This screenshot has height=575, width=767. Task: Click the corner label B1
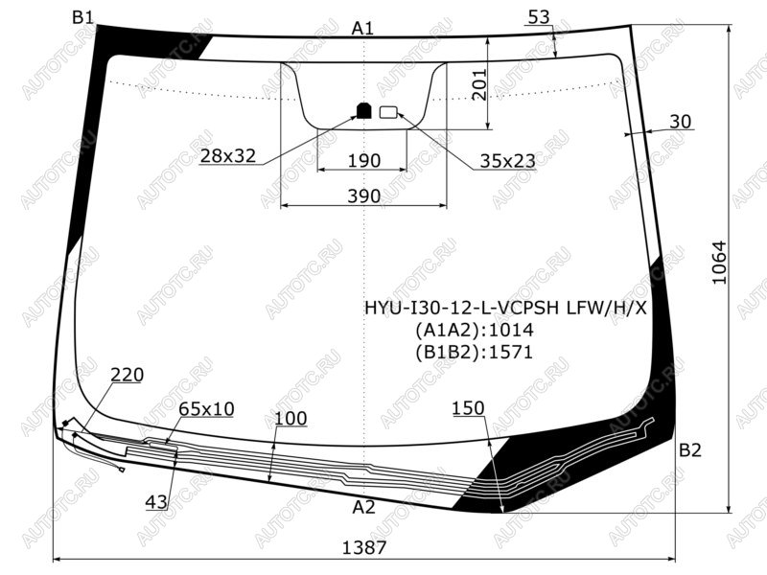pyautogui.click(x=82, y=17)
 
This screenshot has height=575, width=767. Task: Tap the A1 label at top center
pyautogui.click(x=362, y=29)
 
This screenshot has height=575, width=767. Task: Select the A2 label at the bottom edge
pyautogui.click(x=363, y=508)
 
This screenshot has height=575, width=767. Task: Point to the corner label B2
pyautogui.click(x=690, y=449)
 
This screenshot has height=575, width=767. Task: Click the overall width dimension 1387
pyautogui.click(x=364, y=547)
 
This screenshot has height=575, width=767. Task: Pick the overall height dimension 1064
pyautogui.click(x=720, y=263)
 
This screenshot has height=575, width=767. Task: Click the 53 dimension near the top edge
pyautogui.click(x=539, y=17)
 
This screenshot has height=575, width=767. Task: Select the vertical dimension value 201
pyautogui.click(x=480, y=84)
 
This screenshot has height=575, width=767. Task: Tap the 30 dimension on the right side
pyautogui.click(x=681, y=122)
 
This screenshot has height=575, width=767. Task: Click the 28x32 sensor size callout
pyautogui.click(x=228, y=155)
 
